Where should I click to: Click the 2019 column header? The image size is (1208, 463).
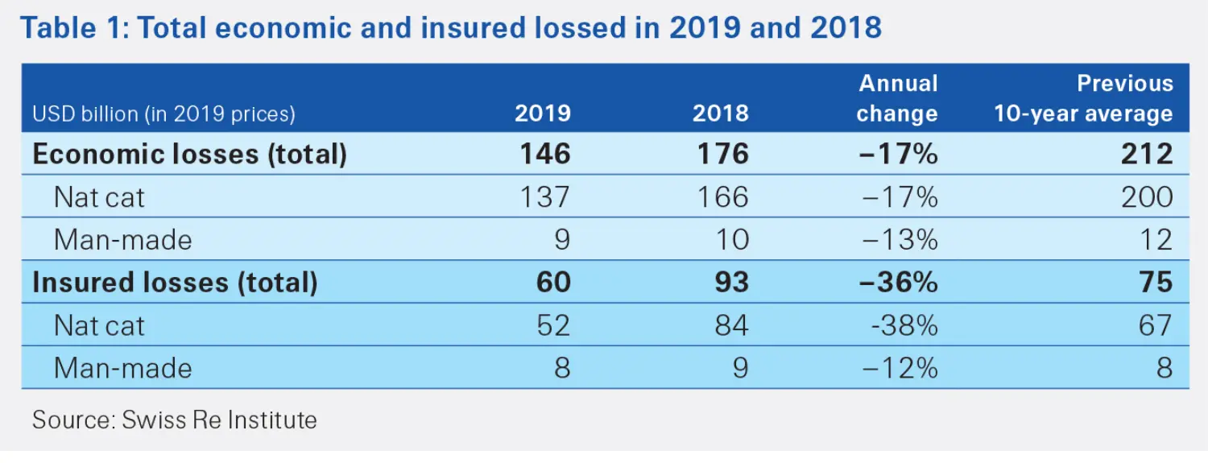coord(542,113)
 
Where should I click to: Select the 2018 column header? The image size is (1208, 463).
coord(720,113)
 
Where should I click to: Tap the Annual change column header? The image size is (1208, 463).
coord(897,98)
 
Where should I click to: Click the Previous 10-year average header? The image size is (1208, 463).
coord(1083,98)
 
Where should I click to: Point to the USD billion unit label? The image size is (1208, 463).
coord(163,114)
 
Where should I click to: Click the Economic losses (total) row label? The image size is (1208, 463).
coord(189,154)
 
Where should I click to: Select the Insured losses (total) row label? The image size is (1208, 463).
coord(175,282)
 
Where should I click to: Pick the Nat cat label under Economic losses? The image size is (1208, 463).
coord(99,196)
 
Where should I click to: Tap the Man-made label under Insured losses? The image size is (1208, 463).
coord(122,368)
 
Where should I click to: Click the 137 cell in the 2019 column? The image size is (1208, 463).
coord(544,196)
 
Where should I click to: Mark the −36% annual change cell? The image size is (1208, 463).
coord(899,282)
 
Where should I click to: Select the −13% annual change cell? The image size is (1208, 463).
coord(899,239)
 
